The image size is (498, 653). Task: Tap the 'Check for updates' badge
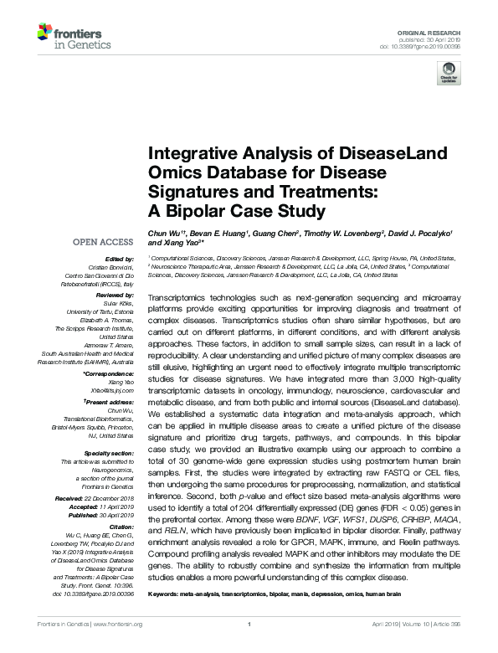click(448, 75)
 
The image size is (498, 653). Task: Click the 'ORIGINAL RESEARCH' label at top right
click(439, 30)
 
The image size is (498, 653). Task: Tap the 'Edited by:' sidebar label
click(120, 260)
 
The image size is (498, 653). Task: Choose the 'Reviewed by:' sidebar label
click(116, 296)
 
